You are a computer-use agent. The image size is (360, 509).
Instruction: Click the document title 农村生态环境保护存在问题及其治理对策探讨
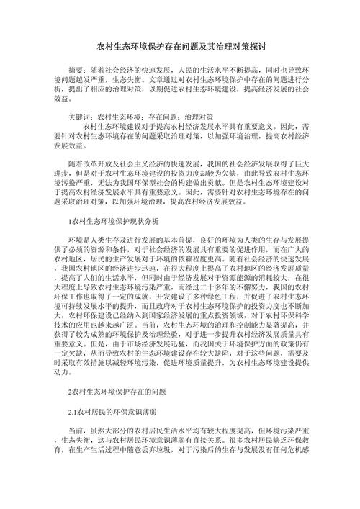180,45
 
